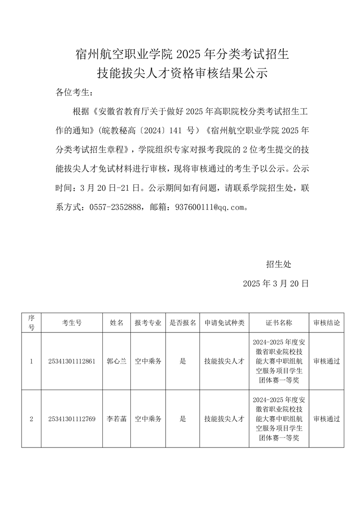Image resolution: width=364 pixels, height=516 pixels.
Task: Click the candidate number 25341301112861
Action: [x=72, y=361]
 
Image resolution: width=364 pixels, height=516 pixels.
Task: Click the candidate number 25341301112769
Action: [x=72, y=419]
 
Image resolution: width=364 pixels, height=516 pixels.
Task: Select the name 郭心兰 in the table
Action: [x=117, y=361]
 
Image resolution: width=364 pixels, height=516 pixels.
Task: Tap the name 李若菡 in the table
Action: [x=117, y=419]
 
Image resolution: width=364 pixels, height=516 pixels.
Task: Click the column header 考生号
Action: [x=72, y=323]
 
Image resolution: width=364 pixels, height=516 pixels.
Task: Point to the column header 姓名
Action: [x=117, y=323]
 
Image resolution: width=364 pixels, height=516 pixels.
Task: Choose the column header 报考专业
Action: [x=148, y=323]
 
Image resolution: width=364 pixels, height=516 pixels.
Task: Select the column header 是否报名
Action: [x=183, y=323]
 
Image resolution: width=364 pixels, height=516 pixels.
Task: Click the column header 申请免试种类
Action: [x=224, y=323]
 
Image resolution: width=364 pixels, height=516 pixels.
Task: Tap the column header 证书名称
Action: [x=279, y=323]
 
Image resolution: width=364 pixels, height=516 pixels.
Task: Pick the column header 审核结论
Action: [x=327, y=323]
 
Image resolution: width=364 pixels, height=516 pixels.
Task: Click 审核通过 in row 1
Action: [x=327, y=361]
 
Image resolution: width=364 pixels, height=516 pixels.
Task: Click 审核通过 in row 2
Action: [x=327, y=419]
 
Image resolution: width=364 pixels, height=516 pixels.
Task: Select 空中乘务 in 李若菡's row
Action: [x=148, y=419]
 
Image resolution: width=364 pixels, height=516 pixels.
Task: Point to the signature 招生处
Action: [x=279, y=264]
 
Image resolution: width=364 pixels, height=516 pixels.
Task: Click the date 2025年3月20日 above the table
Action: [x=276, y=284]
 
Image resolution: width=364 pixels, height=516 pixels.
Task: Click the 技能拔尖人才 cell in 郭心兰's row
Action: [x=224, y=361]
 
